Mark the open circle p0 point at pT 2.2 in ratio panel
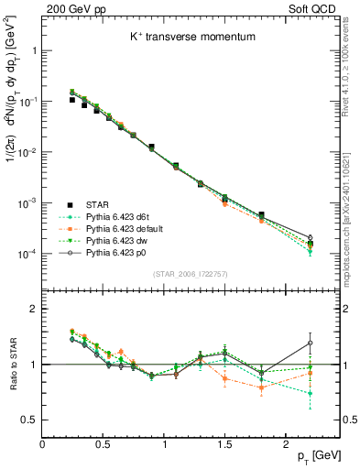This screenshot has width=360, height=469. [310, 343]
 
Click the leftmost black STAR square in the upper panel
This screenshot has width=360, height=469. [71, 100]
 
